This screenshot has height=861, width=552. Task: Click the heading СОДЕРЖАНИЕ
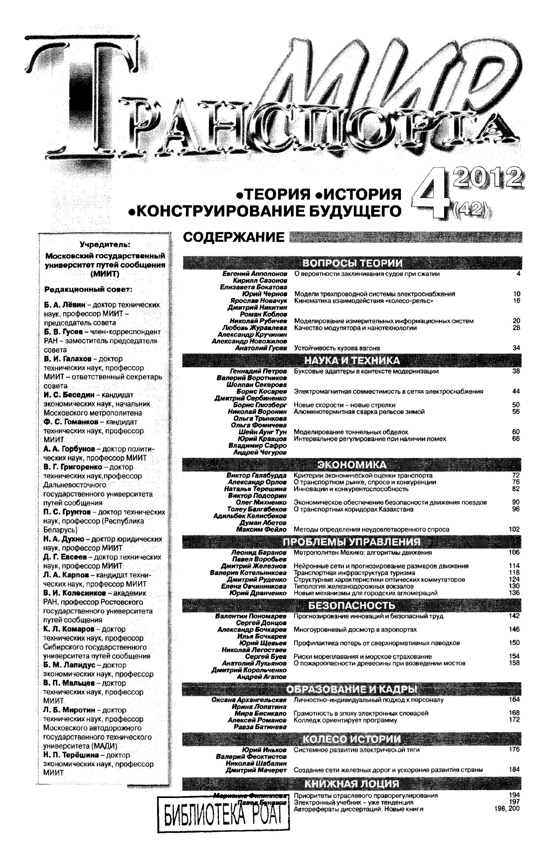point(234,238)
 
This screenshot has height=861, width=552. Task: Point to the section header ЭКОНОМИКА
point(352,465)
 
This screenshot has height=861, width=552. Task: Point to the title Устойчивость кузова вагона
point(337,348)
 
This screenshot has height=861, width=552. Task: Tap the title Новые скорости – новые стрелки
point(345,405)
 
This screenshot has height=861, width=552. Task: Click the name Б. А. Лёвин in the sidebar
point(65,305)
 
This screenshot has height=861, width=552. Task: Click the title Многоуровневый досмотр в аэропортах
point(355,630)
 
